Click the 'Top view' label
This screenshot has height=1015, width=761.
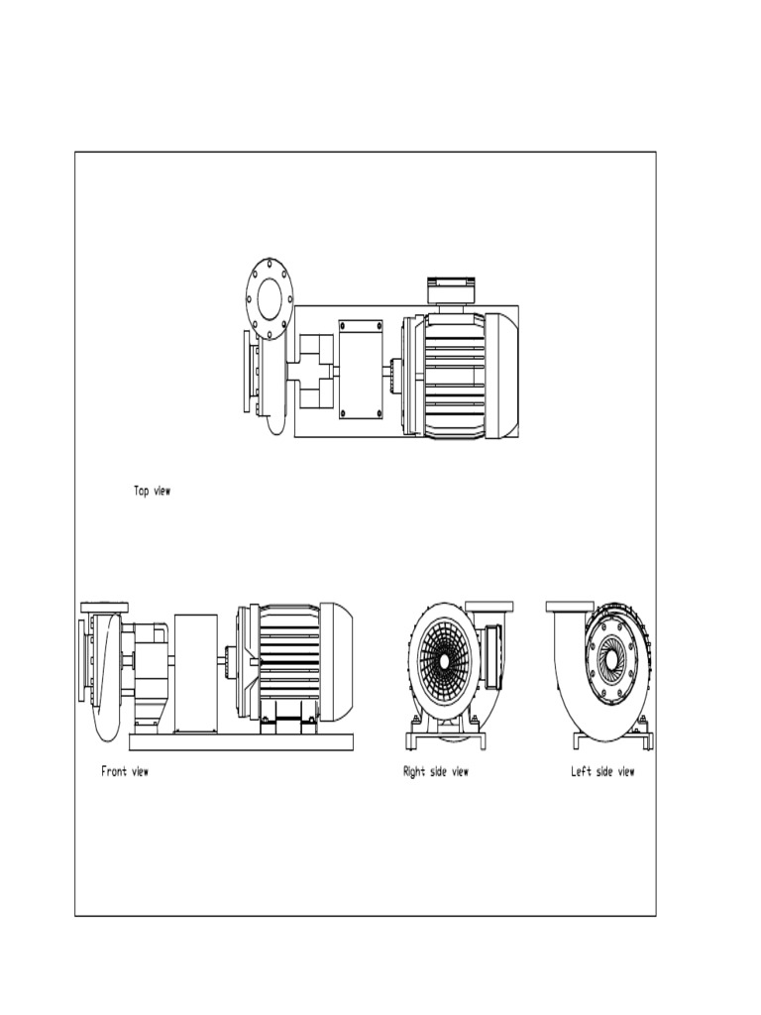point(152,491)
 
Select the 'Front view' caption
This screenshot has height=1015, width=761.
point(125,771)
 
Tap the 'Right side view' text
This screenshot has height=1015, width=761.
point(436,771)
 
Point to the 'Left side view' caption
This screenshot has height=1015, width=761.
point(602,771)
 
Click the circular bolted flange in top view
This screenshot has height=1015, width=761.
point(269,298)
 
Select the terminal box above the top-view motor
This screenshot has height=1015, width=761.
point(451,290)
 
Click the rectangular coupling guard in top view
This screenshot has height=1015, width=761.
point(361,369)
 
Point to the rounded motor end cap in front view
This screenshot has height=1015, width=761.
point(337,661)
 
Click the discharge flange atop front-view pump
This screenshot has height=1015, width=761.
point(104,606)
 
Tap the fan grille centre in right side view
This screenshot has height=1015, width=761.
point(444,660)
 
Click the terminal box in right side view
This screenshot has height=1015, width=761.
point(491,654)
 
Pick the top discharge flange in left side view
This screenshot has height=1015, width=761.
point(569,606)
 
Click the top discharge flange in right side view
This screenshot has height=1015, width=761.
point(489,606)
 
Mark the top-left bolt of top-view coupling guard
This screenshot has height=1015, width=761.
point(344,326)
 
